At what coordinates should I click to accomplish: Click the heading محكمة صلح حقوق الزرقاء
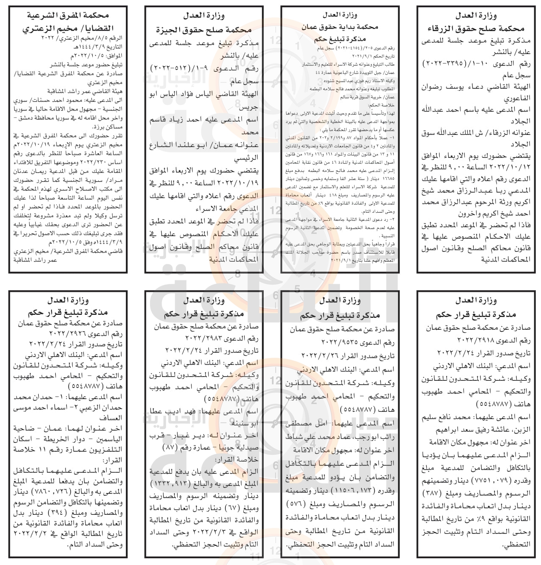click(x=476, y=29)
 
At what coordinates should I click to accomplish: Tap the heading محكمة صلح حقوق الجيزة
click(x=204, y=30)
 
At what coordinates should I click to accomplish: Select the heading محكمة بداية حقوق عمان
click(x=340, y=26)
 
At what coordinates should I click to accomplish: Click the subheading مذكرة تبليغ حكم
click(x=340, y=37)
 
